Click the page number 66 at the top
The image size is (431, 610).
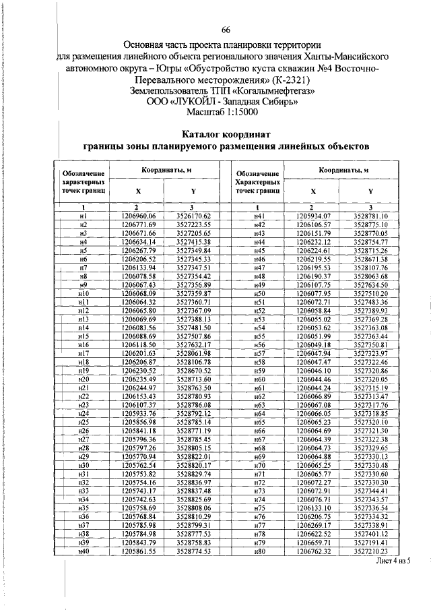click(x=226, y=29)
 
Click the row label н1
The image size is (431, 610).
click(x=84, y=215)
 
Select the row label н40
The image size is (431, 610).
click(x=84, y=551)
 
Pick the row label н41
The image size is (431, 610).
click(x=258, y=215)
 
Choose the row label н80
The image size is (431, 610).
click(x=258, y=551)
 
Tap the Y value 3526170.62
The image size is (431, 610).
click(x=194, y=215)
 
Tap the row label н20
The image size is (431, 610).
click(x=84, y=379)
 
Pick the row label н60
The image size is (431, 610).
click(x=258, y=379)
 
